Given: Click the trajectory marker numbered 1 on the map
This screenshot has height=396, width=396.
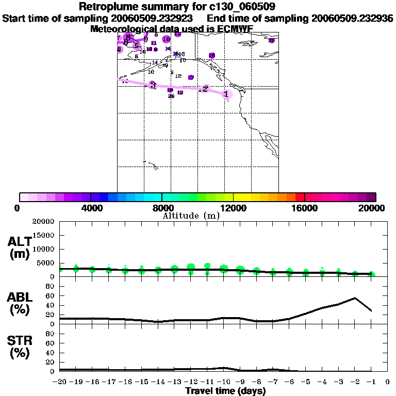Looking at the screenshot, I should (x=226, y=94).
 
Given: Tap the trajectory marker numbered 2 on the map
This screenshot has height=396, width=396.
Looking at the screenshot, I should (x=205, y=89).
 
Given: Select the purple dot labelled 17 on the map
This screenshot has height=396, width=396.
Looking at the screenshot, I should (x=191, y=77).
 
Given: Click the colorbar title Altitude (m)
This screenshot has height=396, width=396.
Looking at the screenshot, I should (x=191, y=216).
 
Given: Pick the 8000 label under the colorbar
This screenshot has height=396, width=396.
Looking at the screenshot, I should (x=162, y=208).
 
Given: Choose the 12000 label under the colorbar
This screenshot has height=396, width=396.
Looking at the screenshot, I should (x=234, y=208).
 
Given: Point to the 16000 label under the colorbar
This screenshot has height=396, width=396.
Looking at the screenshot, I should (x=305, y=208).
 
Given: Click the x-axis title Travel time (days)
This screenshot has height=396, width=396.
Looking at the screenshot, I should (x=225, y=391).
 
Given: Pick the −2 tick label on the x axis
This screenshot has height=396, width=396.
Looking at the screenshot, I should (x=355, y=382).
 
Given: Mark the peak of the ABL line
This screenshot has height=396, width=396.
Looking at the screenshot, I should (x=355, y=298).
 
